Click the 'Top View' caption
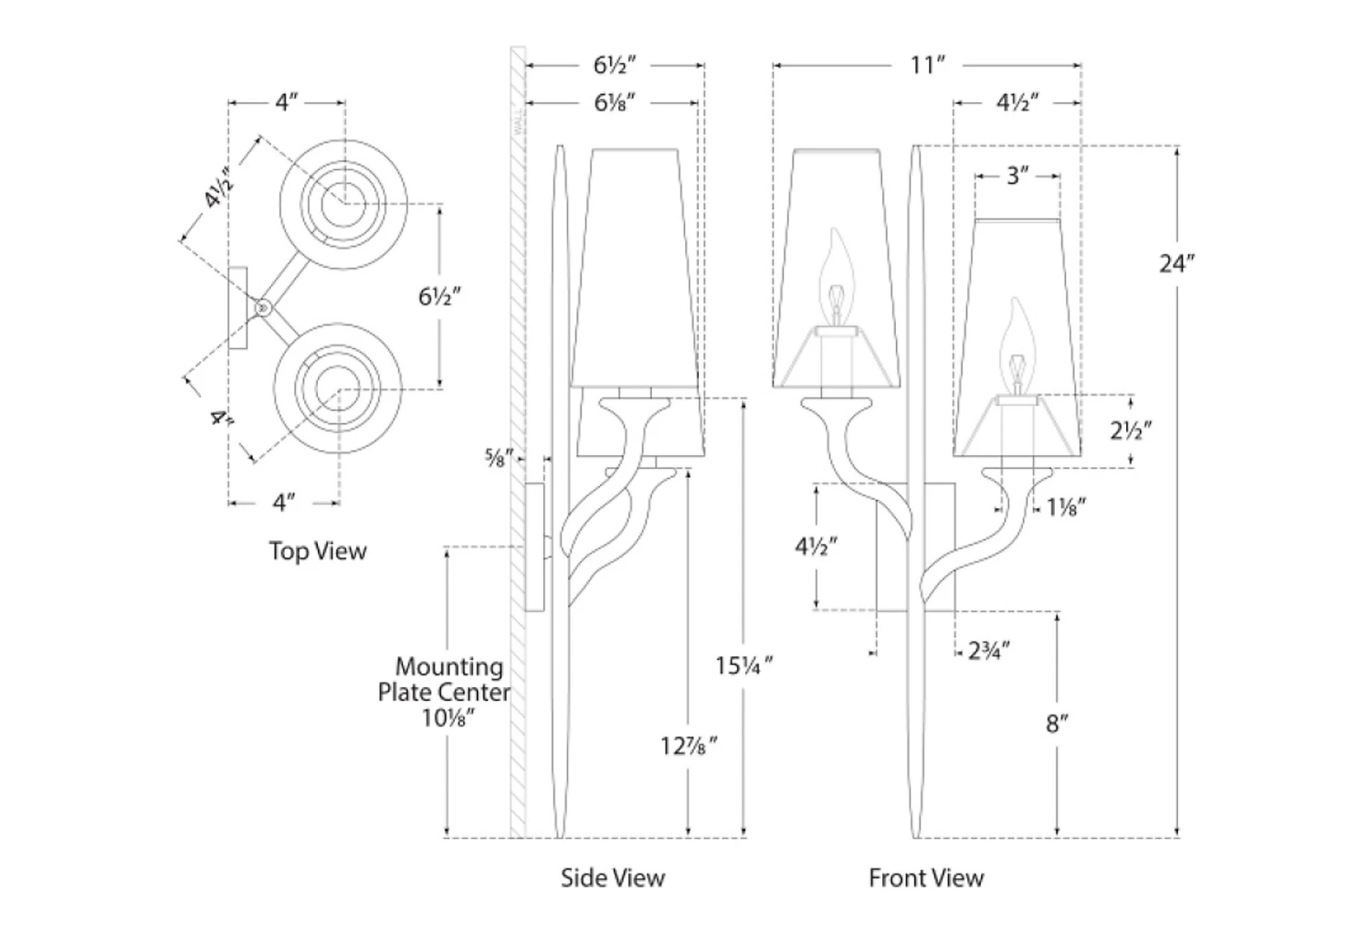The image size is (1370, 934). coord(317,551)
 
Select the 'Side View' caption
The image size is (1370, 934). coord(612,878)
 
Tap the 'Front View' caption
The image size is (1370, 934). coord(925,878)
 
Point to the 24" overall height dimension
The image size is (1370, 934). coord(1176,264)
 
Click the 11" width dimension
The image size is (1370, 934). coord(926,66)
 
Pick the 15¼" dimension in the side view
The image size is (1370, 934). coord(744,665)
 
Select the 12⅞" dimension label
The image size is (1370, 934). coord(689,746)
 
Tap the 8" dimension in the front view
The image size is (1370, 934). coord(1057,724)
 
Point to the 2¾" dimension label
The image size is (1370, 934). coord(988,652)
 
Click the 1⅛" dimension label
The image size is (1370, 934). coord(1066,507)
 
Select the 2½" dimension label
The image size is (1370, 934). coord(1132,430)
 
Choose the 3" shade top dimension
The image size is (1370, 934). coord(1017,175)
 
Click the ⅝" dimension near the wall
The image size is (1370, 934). coord(501,454)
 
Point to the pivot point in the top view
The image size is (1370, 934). coord(262,309)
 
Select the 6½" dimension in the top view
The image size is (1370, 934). coord(439,296)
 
